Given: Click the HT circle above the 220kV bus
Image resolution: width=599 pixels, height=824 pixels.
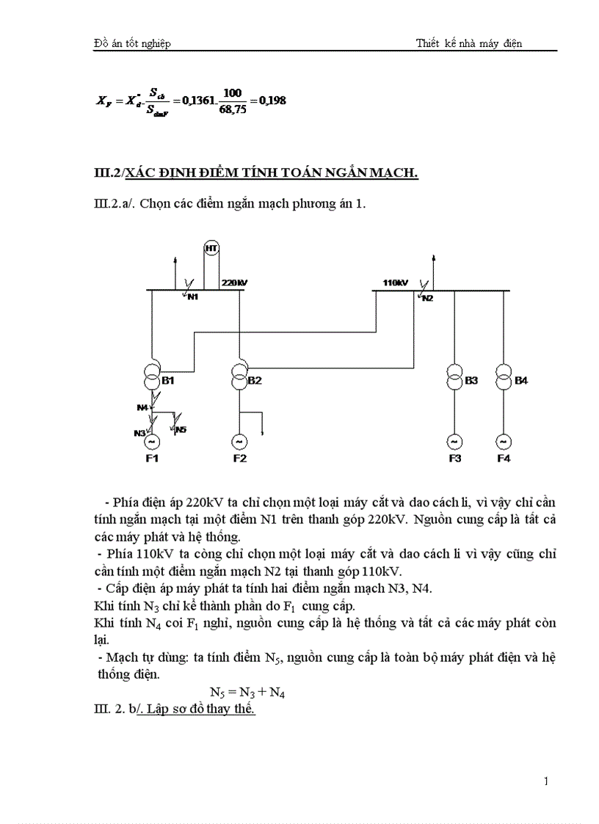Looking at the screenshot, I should pos(211,249).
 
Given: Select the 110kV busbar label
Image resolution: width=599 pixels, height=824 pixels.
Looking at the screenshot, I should pos(395,282).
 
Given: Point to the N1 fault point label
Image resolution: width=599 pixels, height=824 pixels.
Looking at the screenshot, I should pos(193,296).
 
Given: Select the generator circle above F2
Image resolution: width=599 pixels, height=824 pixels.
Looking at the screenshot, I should pos(239,442).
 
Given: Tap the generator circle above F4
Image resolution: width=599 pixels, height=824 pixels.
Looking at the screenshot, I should pos(504,442).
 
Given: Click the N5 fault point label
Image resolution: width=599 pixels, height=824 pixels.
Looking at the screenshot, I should pos(181,429).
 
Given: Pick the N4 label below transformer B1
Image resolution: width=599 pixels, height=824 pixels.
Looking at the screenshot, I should pos(142,406).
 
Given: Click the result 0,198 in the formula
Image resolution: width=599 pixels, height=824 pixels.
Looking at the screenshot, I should pos(273,101).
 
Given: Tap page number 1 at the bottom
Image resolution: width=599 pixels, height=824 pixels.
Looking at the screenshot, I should pos(546,781).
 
